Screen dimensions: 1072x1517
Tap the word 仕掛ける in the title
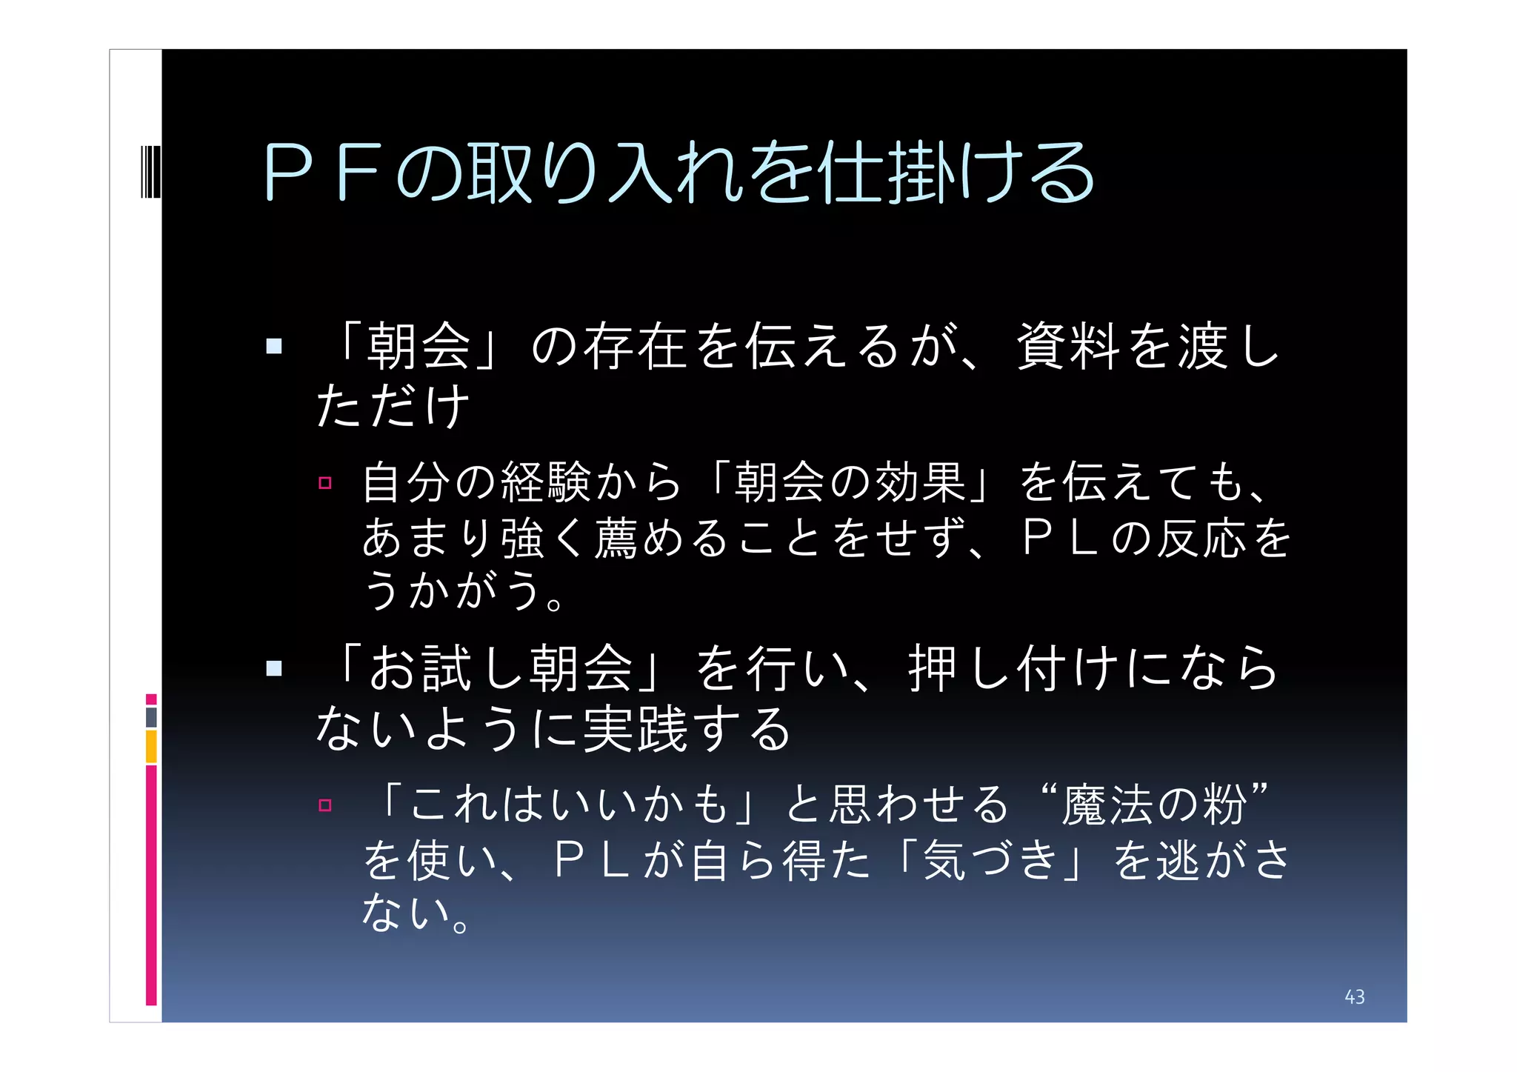click(x=956, y=173)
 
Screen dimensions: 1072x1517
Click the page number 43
click(x=1354, y=997)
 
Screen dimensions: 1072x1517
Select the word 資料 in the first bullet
click(x=1067, y=347)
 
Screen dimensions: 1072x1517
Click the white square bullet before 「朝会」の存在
click(x=274, y=346)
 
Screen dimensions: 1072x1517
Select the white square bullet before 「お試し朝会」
click(x=274, y=668)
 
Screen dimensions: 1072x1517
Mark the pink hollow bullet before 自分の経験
click(x=324, y=483)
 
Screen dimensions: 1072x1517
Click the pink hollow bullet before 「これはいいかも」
click(x=324, y=805)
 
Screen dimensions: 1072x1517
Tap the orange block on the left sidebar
click(x=151, y=746)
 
